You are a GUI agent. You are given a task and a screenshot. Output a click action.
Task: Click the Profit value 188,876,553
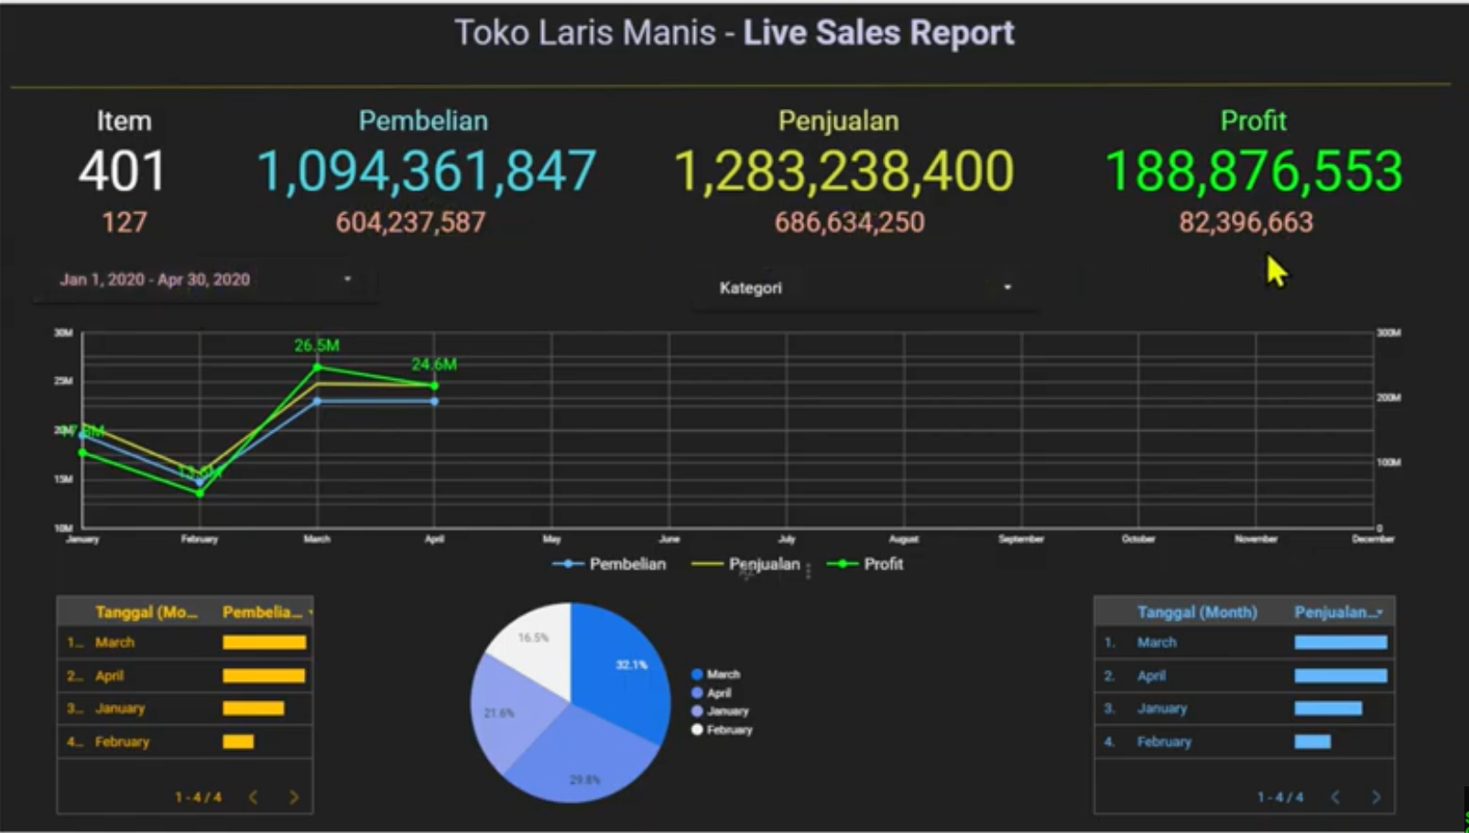pyautogui.click(x=1253, y=171)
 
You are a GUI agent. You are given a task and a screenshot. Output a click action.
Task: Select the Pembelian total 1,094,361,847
pyautogui.click(x=426, y=171)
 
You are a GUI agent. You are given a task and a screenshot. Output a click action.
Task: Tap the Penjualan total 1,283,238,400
pyautogui.click(x=843, y=171)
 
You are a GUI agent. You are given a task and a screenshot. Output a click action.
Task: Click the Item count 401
pyautogui.click(x=122, y=171)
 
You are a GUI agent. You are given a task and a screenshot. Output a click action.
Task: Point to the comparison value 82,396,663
pyautogui.click(x=1246, y=222)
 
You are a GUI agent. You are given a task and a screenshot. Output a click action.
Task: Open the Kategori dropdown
pyautogui.click(x=865, y=287)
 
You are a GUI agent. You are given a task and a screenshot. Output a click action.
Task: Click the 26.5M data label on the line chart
pyautogui.click(x=317, y=345)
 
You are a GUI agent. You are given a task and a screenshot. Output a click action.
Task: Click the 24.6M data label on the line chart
pyautogui.click(x=434, y=364)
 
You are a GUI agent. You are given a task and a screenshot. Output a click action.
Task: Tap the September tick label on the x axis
pyautogui.click(x=1021, y=539)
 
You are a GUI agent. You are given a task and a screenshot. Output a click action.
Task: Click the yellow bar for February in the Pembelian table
pyautogui.click(x=238, y=741)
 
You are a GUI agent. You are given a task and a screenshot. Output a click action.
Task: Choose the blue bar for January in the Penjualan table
pyautogui.click(x=1328, y=709)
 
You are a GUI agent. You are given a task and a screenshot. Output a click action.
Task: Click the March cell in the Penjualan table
pyautogui.click(x=1157, y=643)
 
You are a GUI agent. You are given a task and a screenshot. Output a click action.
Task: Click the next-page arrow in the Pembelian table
pyautogui.click(x=294, y=797)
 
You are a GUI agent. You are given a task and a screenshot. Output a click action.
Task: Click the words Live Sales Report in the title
pyautogui.click(x=878, y=33)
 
